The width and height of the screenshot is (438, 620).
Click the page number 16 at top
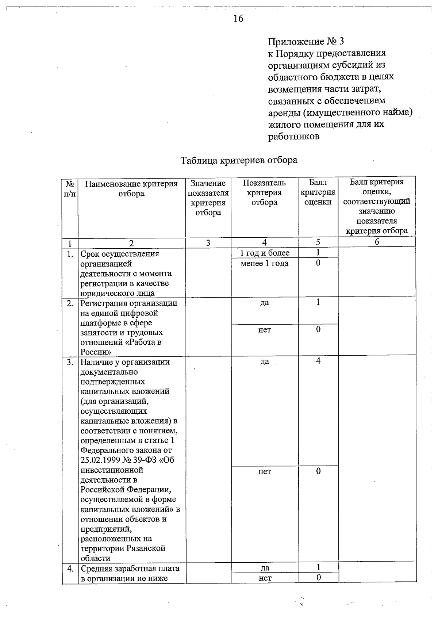tap(238, 19)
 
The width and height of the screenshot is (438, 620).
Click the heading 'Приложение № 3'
tap(306, 41)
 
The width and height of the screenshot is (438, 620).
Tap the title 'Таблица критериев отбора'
tap(239, 160)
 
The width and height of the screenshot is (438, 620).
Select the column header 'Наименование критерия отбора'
tap(131, 188)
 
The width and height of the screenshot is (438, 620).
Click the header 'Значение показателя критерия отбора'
tap(208, 198)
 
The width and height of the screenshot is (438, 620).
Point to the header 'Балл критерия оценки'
tap(318, 192)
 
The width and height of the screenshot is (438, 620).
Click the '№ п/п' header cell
tap(70, 188)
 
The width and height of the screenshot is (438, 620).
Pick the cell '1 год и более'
tap(265, 253)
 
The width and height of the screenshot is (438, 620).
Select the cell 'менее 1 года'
tap(265, 263)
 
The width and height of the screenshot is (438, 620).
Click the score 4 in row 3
tap(318, 361)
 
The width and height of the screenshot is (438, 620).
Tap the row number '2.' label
tap(70, 303)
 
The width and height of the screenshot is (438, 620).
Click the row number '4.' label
tap(70, 569)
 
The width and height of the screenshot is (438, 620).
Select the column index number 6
tap(377, 242)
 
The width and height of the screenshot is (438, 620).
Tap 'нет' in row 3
tap(265, 471)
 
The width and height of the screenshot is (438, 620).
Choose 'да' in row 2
tap(265, 303)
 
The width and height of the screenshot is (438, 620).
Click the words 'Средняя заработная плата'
tap(130, 569)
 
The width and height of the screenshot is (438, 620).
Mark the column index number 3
tap(208, 243)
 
